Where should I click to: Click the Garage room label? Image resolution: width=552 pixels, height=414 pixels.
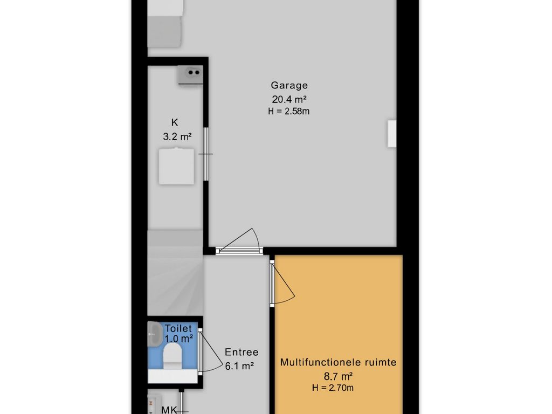pyautogui.click(x=289, y=86)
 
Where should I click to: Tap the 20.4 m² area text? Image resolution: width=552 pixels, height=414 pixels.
pyautogui.click(x=289, y=99)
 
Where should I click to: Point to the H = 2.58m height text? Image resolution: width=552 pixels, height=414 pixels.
pyautogui.click(x=289, y=111)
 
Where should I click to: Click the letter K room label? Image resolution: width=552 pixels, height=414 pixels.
pyautogui.click(x=175, y=122)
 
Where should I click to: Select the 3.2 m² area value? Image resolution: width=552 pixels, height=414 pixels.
pyautogui.click(x=177, y=136)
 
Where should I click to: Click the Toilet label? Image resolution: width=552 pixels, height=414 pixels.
pyautogui.click(x=178, y=328)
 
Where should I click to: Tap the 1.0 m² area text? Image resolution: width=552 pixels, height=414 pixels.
pyautogui.click(x=179, y=339)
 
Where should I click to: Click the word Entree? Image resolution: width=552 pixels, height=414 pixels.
pyautogui.click(x=241, y=352)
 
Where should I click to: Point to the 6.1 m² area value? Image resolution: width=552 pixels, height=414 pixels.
pyautogui.click(x=239, y=366)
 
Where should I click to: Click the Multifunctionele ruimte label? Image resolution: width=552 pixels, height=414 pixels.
pyautogui.click(x=339, y=362)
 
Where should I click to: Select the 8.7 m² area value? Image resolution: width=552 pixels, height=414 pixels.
pyautogui.click(x=339, y=377)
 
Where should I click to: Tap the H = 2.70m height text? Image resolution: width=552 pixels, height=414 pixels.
pyautogui.click(x=333, y=388)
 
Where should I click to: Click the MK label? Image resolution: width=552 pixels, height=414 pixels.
pyautogui.click(x=169, y=410)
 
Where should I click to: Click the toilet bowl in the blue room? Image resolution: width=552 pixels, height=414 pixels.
pyautogui.click(x=172, y=356)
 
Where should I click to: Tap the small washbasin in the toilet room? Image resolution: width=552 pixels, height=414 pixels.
pyautogui.click(x=154, y=334)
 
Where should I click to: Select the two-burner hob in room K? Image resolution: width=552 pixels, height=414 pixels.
pyautogui.click(x=190, y=74)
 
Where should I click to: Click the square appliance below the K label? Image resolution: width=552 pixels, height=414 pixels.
pyautogui.click(x=176, y=166)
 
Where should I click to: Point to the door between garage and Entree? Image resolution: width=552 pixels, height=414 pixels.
pyautogui.click(x=239, y=243)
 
